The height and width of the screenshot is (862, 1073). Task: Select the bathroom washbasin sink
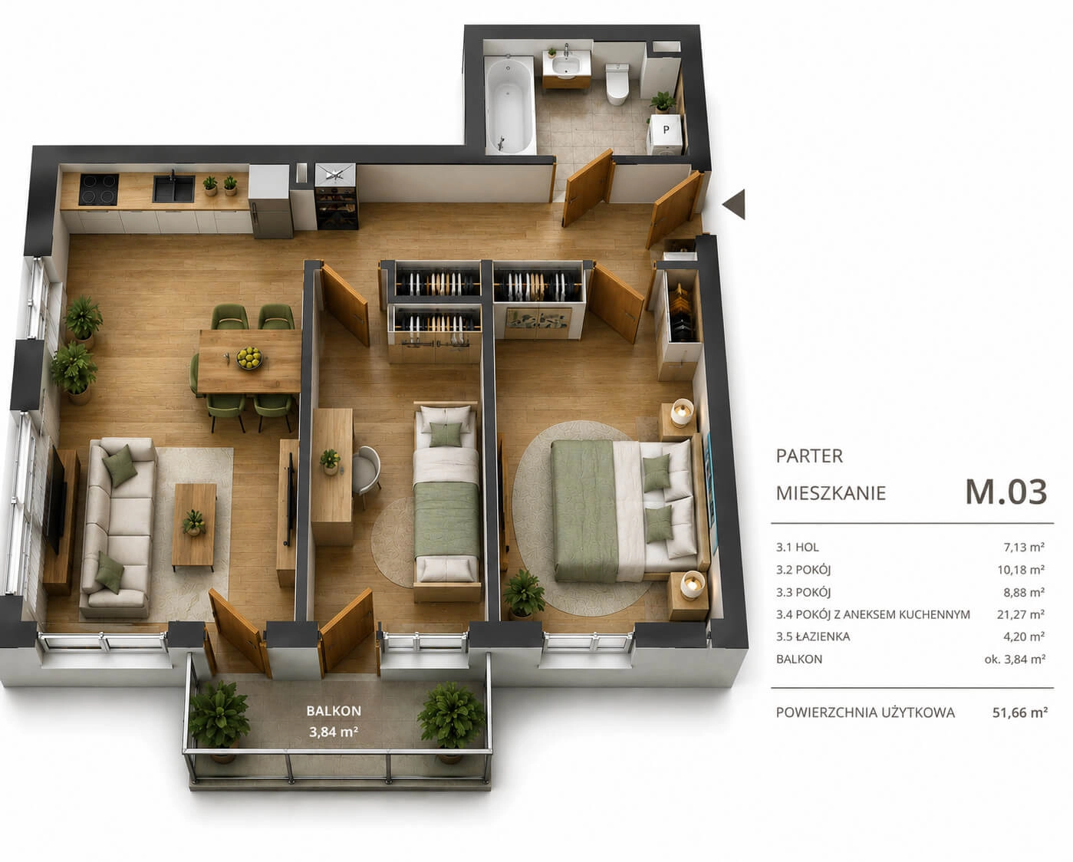[567, 65]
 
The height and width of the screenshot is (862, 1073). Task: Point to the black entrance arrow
[734, 204]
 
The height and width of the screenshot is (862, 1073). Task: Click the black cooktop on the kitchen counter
[99, 189]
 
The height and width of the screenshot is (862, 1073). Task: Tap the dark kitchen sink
[173, 189]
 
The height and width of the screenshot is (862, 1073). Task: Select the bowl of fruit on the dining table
[249, 357]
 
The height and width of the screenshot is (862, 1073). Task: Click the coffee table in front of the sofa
[194, 525]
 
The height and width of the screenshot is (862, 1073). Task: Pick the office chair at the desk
[367, 470]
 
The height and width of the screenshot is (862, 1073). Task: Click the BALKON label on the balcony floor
[334, 711]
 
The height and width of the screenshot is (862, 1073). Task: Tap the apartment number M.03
[1006, 492]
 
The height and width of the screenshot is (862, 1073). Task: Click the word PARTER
[809, 456]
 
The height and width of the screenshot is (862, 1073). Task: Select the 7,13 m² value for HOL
[1024, 547]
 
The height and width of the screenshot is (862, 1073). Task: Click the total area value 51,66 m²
[1019, 712]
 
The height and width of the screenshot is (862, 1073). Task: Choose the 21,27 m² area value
[1021, 614]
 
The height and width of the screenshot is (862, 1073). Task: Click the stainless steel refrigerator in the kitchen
[270, 201]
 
